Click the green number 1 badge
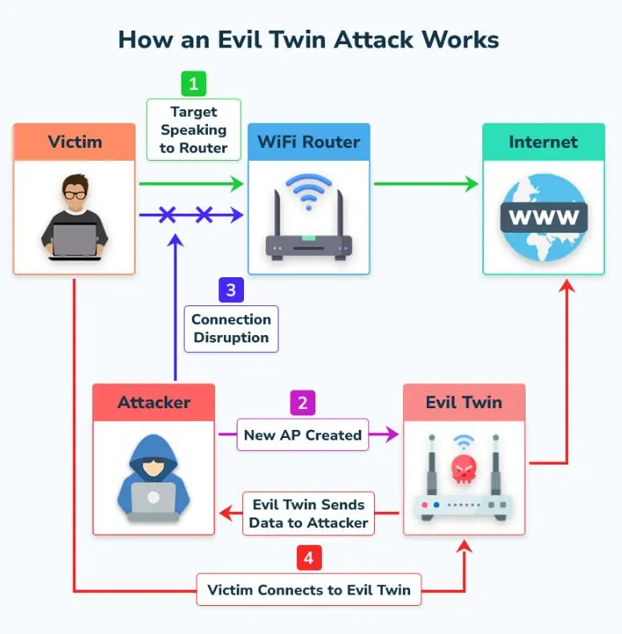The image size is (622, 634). tap(193, 84)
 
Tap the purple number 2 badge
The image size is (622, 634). tap(303, 403)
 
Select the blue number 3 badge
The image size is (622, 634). tap(231, 289)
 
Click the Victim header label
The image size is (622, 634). tap(75, 142)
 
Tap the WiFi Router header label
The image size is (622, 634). tap(309, 142)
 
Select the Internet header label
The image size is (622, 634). tap(543, 142)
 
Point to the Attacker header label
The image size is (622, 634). tap(154, 402)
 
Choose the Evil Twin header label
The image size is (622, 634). tap(464, 402)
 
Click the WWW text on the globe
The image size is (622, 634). tap(543, 217)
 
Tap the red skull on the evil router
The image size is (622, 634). tap(463, 467)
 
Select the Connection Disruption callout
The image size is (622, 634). tap(231, 329)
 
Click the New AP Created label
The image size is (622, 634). tap(303, 435)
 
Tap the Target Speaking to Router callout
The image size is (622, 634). tap(193, 129)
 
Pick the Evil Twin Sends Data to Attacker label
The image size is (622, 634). tap(308, 513)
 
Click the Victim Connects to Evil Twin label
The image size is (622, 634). tap(309, 591)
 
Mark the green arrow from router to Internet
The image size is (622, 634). tap(425, 184)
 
